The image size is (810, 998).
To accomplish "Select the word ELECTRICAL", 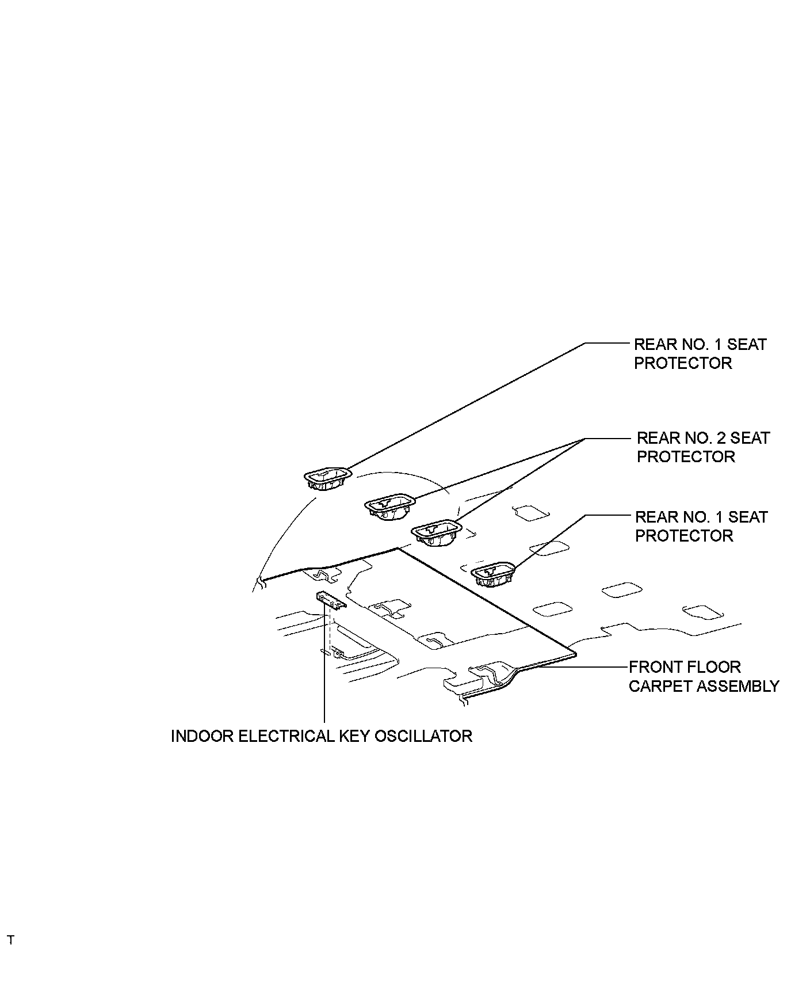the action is tap(284, 736).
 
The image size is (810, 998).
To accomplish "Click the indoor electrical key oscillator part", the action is tap(331, 600).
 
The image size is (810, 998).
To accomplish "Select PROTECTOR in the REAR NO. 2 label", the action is tap(686, 457).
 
